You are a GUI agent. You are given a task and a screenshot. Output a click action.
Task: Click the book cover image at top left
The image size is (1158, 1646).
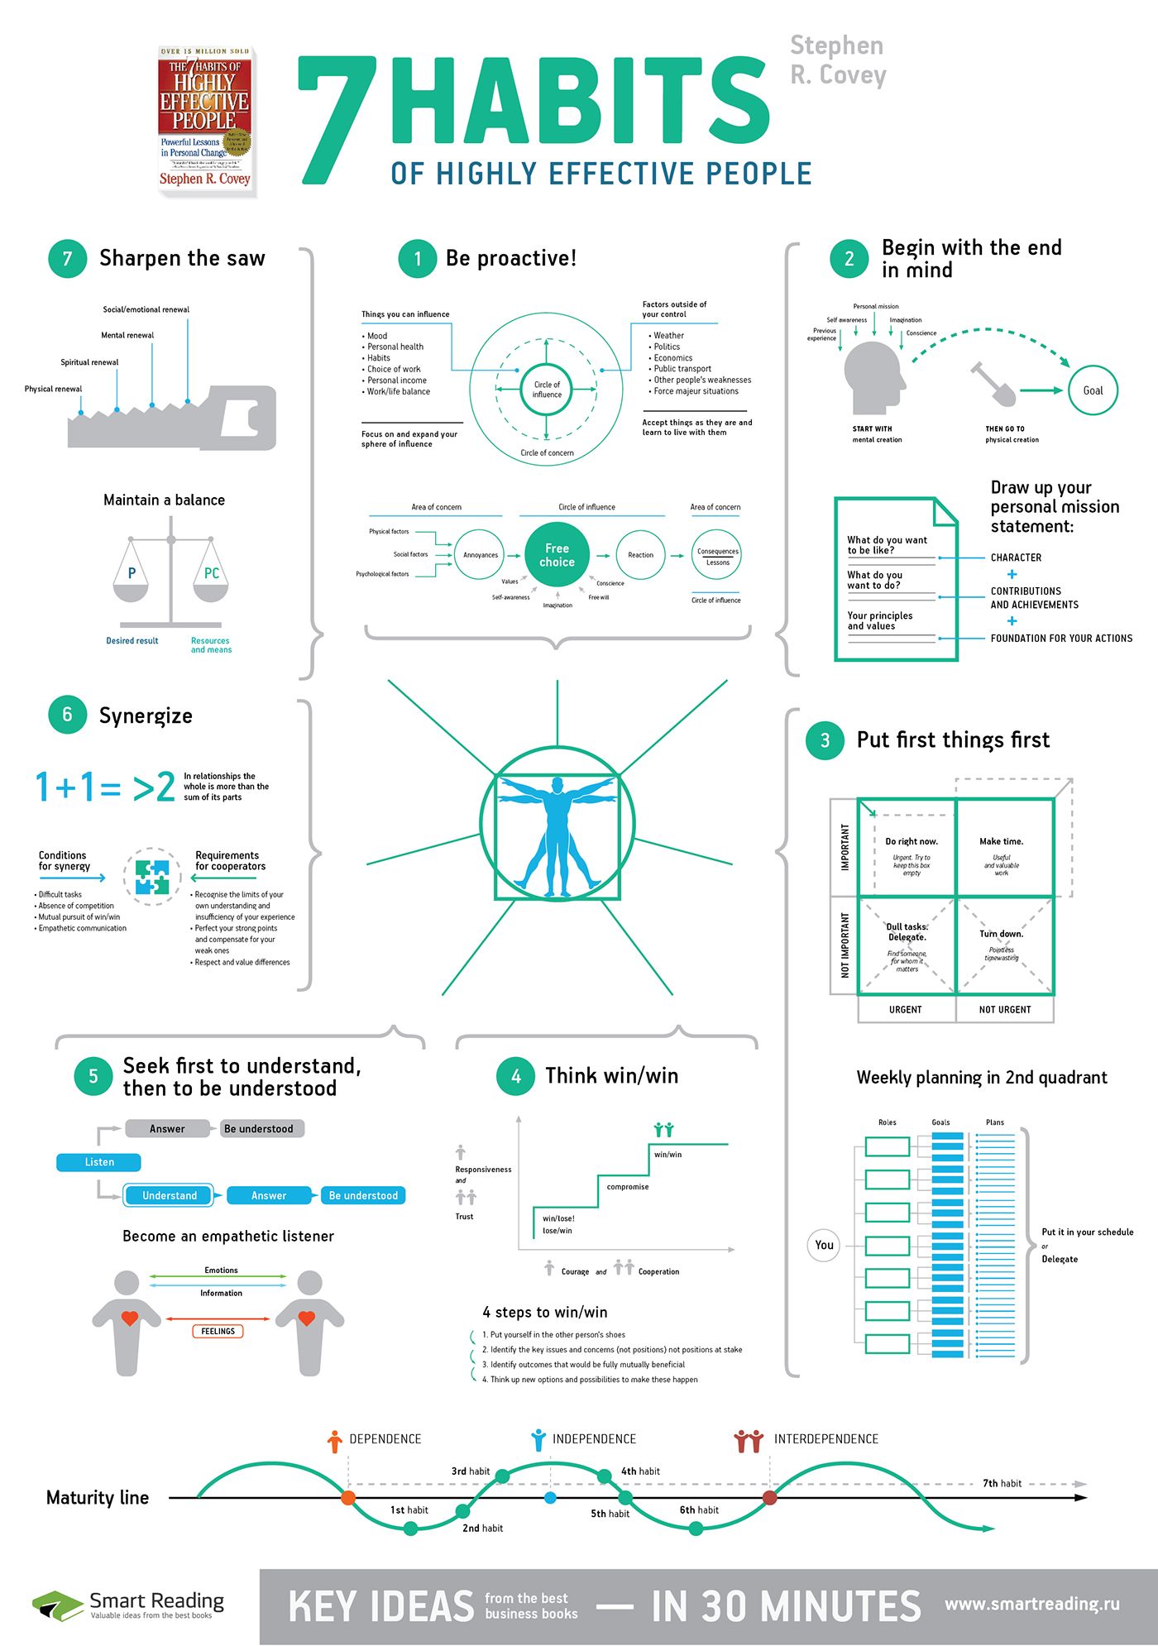[x=205, y=121]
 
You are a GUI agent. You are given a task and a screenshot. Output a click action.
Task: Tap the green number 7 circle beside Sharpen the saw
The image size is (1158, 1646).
[x=68, y=259]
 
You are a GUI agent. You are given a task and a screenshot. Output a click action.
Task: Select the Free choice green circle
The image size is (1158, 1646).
[x=557, y=555]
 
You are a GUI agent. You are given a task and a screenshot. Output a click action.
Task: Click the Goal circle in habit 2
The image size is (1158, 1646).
[x=1093, y=390]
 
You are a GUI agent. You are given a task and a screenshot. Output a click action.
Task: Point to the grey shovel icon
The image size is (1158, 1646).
[x=993, y=385]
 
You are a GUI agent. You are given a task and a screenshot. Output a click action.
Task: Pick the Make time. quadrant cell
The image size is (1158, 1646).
[x=1004, y=848]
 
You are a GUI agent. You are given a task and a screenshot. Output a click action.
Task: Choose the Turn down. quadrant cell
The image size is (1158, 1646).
[x=1004, y=945]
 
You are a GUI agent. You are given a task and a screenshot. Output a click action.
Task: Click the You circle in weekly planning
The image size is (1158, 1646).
[x=824, y=1245]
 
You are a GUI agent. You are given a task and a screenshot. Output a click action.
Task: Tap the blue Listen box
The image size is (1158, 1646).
[x=98, y=1162]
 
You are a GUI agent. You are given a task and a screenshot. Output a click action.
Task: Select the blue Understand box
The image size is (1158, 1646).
[x=170, y=1195]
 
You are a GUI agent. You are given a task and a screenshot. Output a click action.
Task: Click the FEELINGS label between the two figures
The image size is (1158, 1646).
[x=218, y=1331]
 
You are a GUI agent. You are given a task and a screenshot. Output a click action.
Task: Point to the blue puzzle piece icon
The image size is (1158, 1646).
[x=152, y=877]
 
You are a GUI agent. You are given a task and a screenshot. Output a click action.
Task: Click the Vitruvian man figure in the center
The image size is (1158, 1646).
[x=557, y=835]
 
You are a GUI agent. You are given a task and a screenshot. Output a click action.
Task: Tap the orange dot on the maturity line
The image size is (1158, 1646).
[x=348, y=1498]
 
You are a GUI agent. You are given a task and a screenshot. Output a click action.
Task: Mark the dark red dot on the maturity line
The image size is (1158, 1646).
[x=769, y=1498]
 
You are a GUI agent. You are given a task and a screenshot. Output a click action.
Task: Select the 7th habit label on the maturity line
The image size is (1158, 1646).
[x=1002, y=1483]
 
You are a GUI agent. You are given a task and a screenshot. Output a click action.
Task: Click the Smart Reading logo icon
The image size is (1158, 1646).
[x=57, y=1605]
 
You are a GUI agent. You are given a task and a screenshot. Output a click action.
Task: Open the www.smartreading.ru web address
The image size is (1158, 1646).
[x=1031, y=1604]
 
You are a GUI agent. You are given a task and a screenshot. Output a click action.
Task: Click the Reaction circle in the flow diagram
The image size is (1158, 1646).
[x=640, y=555]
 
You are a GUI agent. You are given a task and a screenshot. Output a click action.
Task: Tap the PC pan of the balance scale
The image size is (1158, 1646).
[x=211, y=583]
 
